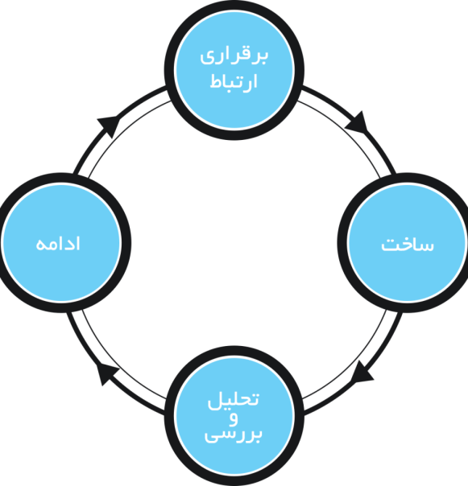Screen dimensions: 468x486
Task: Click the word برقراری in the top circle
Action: [x=234, y=56]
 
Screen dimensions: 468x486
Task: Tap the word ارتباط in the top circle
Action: [x=234, y=81]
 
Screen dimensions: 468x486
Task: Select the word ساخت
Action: [x=407, y=245]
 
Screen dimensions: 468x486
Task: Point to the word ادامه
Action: [x=58, y=244]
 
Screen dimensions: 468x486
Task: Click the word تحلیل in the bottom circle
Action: [x=233, y=401]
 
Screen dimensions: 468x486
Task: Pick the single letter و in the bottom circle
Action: [x=234, y=419]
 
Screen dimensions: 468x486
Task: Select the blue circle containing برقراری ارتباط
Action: [x=234, y=70]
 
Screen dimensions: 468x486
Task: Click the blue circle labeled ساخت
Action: [x=407, y=243]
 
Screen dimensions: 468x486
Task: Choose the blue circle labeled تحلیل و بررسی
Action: [x=234, y=416]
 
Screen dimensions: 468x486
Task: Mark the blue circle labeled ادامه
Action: [x=61, y=243]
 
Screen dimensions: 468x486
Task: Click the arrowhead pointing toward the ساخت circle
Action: [x=357, y=122]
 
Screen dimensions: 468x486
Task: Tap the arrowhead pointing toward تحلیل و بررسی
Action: [x=362, y=372]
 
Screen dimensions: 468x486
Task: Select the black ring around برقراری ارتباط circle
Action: [x=234, y=6]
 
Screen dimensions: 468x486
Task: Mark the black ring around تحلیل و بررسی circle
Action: [x=234, y=351]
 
